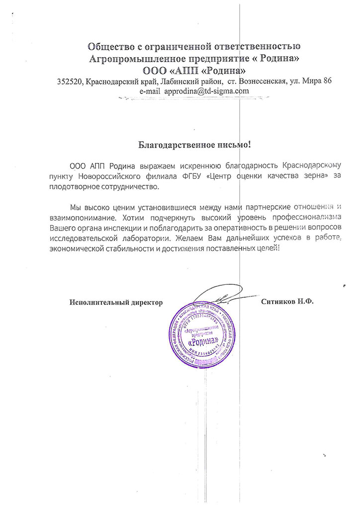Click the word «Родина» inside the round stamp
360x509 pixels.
(x=206, y=342)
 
